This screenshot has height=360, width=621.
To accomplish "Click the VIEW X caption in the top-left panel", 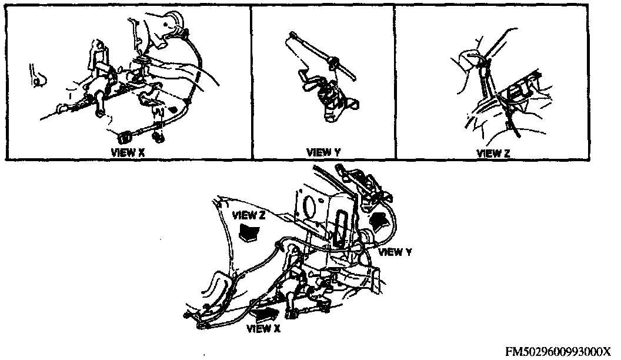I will point(128,151).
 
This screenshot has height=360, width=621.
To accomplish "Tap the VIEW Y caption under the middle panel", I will point(323,152).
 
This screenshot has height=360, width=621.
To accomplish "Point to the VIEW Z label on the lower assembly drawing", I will point(249,215).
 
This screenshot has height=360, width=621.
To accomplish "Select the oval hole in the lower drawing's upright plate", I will point(307,204).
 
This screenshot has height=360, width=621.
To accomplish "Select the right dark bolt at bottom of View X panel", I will point(157,138).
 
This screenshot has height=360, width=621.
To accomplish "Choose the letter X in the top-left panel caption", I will point(141,151).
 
